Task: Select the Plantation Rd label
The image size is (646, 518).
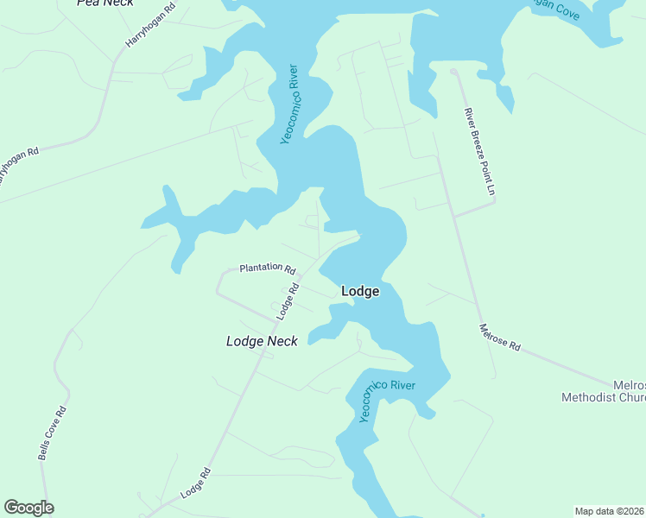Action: [268, 268]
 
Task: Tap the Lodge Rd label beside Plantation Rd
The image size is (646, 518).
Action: [288, 301]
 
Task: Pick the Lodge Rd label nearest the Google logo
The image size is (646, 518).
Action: [196, 483]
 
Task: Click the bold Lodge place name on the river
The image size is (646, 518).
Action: [360, 291]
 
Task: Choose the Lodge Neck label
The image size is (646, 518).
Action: [262, 341]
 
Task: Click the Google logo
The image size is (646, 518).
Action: [28, 508]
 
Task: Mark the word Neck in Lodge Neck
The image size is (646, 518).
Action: [282, 341]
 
